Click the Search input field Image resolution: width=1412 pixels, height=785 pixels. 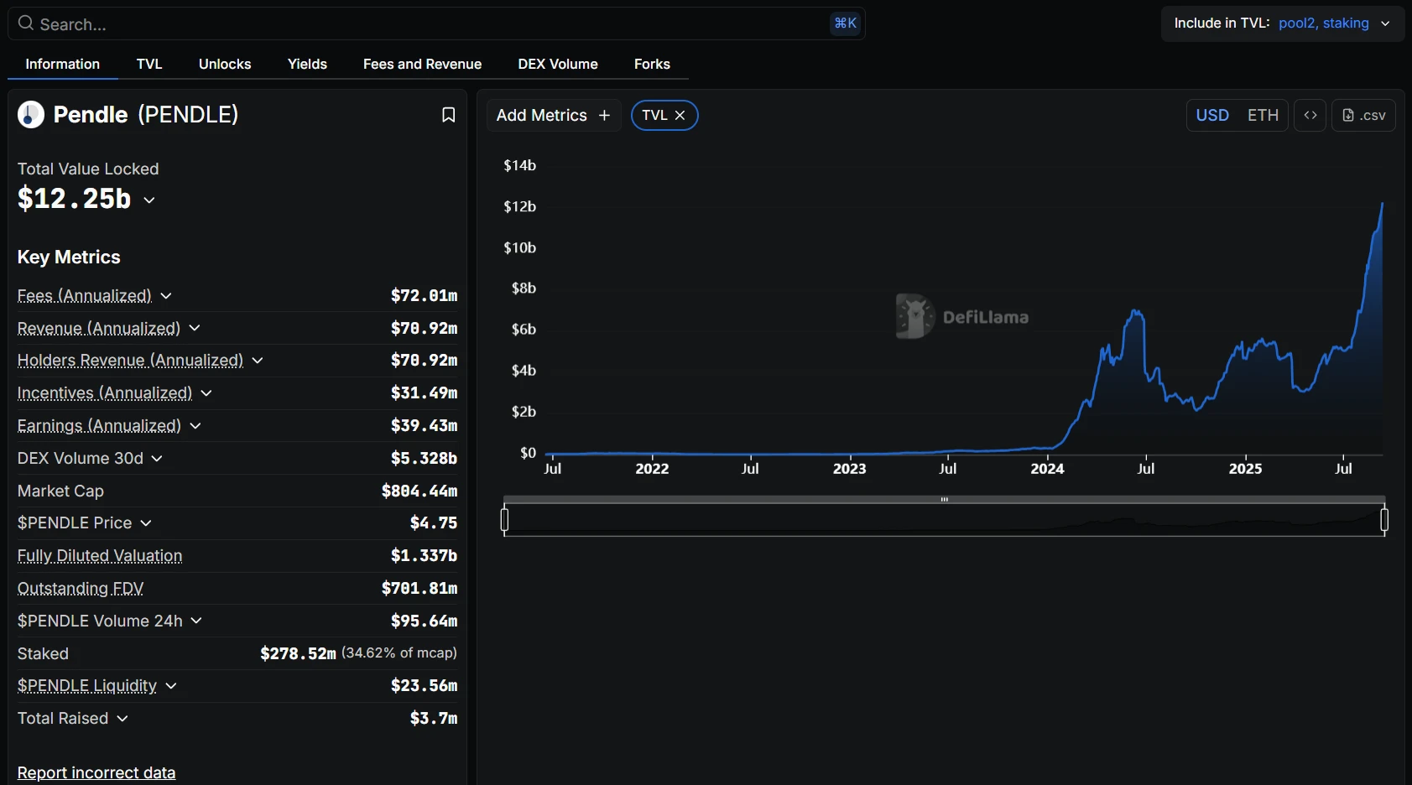[419, 24]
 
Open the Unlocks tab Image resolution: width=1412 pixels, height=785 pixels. [225, 64]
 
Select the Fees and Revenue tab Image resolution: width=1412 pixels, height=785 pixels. [422, 64]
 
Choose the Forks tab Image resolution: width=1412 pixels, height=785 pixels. [652, 64]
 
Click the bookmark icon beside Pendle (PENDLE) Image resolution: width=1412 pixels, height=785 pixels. [449, 115]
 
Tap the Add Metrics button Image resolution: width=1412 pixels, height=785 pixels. [553, 116]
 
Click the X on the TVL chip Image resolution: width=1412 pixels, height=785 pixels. [680, 116]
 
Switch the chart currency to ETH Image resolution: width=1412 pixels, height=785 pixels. [1263, 116]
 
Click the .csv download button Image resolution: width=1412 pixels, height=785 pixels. [1364, 116]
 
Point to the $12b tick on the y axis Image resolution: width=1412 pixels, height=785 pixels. [519, 206]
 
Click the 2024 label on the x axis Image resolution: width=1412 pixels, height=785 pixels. [1047, 469]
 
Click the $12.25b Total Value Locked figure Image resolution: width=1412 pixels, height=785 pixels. [75, 199]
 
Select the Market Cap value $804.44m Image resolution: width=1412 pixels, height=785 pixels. [419, 491]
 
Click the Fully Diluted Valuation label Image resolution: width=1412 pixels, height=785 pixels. [100, 555]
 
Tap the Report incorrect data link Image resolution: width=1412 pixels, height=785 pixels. [96, 772]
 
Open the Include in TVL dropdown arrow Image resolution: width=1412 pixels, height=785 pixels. [1385, 23]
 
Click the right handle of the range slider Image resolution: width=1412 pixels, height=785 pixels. [1384, 521]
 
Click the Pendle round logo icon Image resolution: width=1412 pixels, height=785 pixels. [31, 115]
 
